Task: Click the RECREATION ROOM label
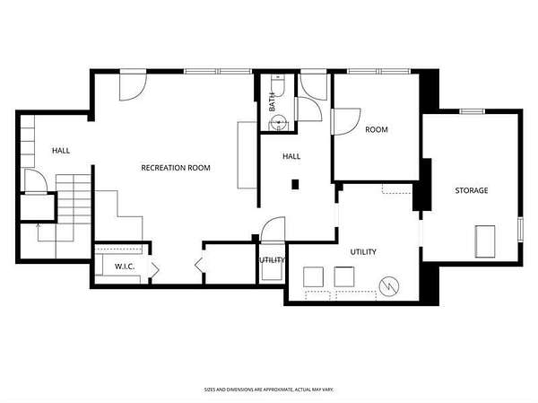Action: [176, 168]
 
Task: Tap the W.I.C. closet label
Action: [125, 267]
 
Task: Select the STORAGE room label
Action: [472, 190]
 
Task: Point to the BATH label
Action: [272, 101]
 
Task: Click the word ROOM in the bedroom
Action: [377, 129]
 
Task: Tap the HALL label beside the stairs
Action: [61, 150]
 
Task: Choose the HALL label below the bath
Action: [291, 156]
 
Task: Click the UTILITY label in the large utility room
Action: [363, 252]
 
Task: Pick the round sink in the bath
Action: [278, 122]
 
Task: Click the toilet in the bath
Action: [278, 85]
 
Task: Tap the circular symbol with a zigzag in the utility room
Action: [389, 285]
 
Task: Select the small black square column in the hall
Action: [295, 185]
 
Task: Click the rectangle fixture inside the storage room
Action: [485, 241]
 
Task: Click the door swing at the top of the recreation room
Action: [133, 87]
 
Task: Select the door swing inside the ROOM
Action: [347, 122]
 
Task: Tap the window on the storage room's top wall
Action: [472, 111]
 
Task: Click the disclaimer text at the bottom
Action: [269, 390]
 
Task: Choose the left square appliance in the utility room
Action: [313, 277]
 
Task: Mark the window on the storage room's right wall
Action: [520, 229]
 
